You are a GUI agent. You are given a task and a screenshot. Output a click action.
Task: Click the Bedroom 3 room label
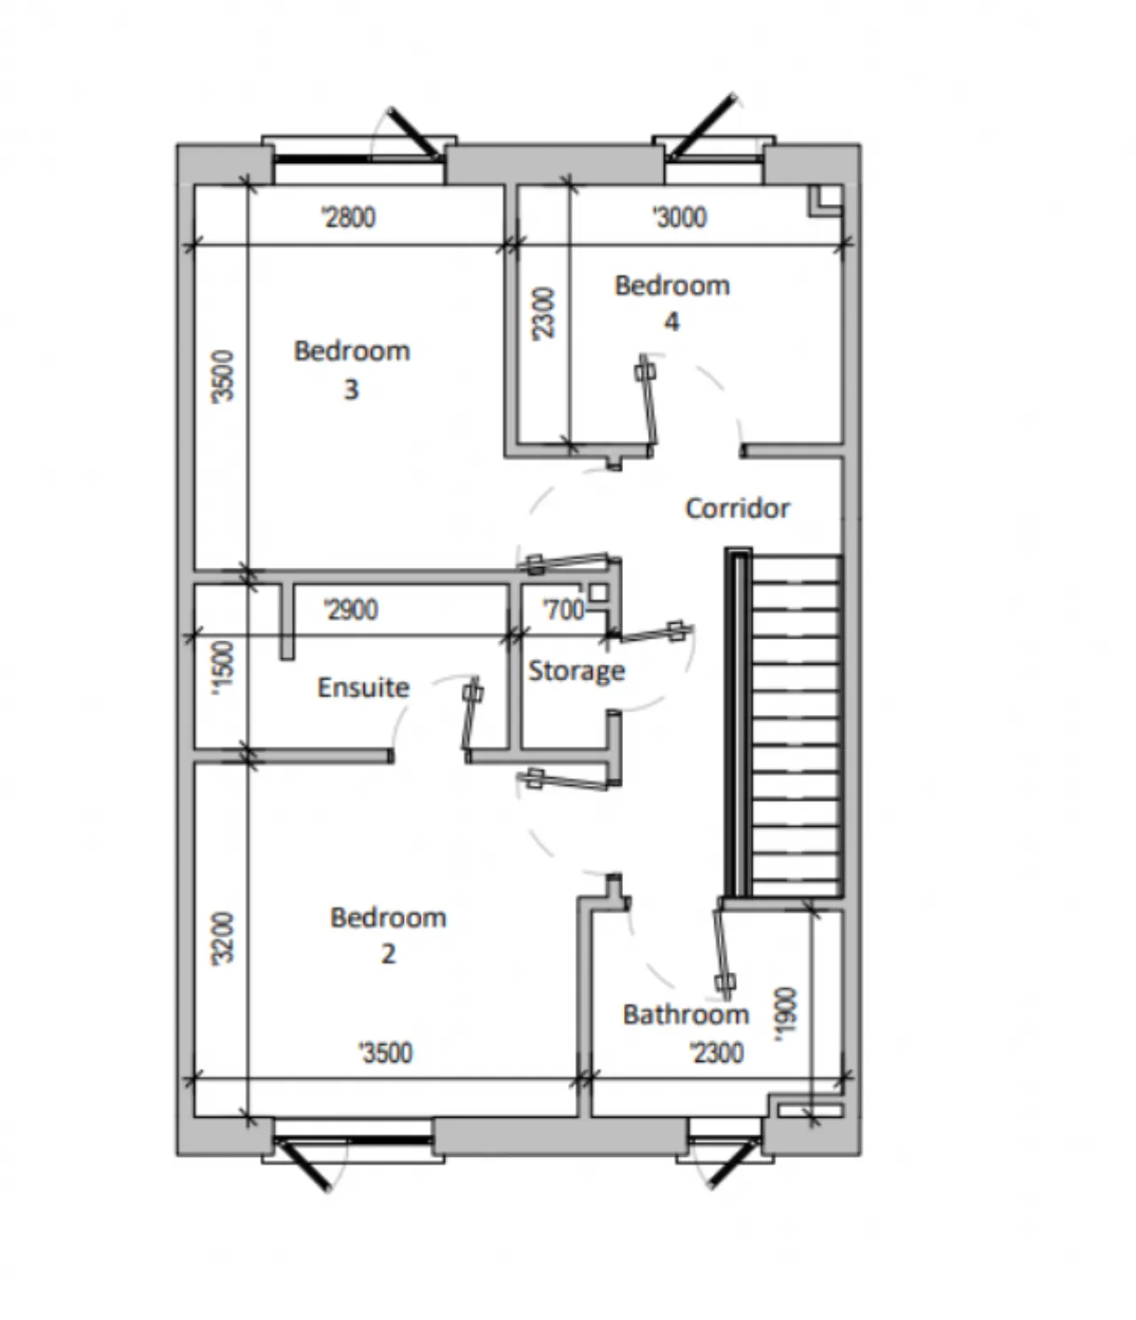pos(351,371)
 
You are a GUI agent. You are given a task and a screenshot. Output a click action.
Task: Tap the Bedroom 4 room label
pos(672,303)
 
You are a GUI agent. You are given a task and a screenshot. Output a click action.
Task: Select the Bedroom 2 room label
pos(388,936)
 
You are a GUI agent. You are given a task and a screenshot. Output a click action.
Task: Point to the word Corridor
pos(738,508)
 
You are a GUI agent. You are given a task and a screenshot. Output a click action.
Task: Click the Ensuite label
pos(364,687)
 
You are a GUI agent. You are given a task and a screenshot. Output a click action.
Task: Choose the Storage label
pos(576,672)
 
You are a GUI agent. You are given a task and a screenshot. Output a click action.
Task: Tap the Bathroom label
pos(685,1015)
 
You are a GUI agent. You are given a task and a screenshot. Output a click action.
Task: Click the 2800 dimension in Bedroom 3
pos(349,217)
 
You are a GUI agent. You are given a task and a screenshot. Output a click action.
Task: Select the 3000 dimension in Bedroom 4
pos(680,217)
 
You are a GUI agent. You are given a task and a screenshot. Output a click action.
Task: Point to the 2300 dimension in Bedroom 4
pos(544,313)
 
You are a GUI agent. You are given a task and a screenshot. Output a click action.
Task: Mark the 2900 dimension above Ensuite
pos(351,609)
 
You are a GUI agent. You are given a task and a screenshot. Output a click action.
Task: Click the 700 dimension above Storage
pos(564,609)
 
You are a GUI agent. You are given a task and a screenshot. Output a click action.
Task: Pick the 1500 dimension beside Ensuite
pos(224,668)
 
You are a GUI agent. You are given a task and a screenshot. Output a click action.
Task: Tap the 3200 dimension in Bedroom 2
pos(224,939)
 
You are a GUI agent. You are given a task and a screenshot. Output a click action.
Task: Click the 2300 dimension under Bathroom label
pos(717,1053)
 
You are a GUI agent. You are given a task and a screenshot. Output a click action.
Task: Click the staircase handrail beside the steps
pos(738,722)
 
